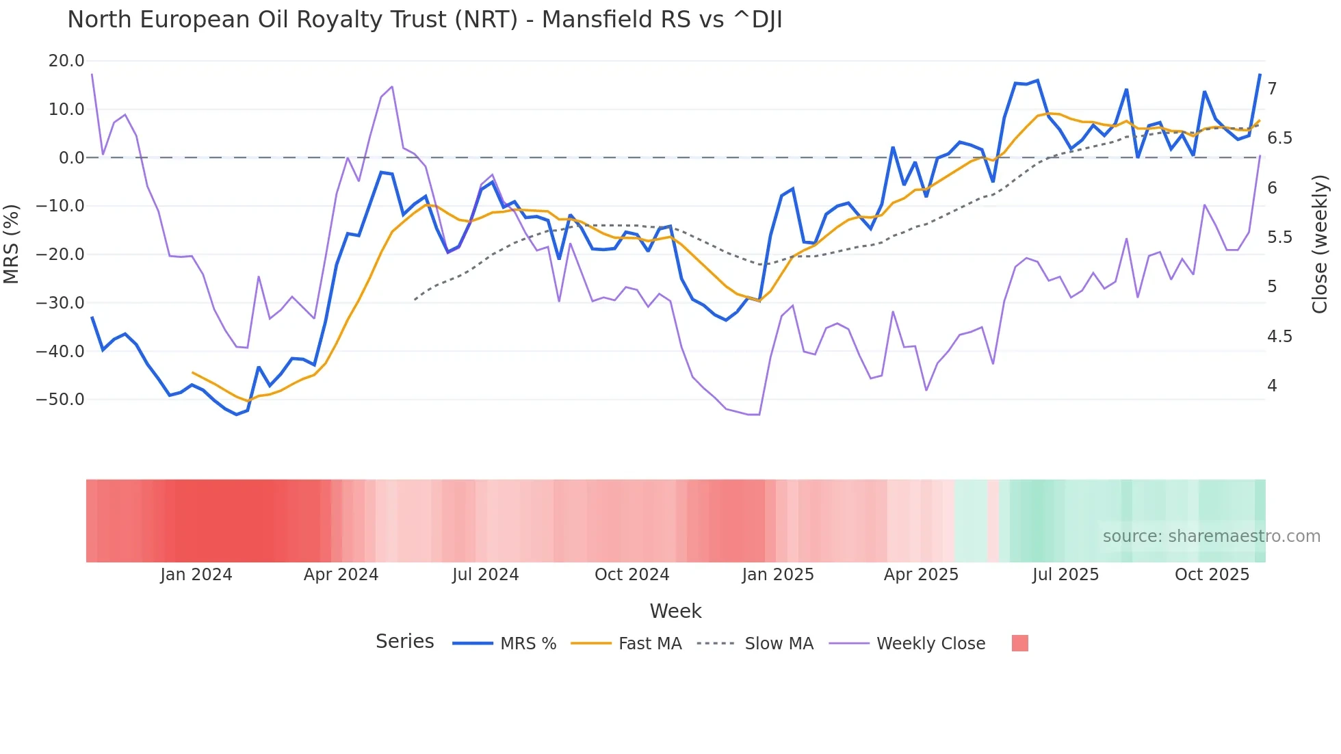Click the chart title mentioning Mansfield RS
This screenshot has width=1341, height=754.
pos(424,20)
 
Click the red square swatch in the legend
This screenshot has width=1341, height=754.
pos(1019,643)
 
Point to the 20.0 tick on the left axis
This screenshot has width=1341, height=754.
pos(66,61)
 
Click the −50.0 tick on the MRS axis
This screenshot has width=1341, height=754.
pos(60,400)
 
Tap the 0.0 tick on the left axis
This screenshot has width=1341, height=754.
pos(71,158)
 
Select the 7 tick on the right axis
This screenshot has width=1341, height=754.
pos(1272,89)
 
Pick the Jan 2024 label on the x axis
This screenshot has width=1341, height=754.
pos(196,575)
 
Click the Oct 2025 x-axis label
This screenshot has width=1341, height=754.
pos(1212,575)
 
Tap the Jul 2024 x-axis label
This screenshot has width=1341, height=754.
pos(486,575)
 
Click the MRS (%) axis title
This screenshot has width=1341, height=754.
pos(12,244)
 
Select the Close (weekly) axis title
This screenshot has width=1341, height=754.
pos(1320,244)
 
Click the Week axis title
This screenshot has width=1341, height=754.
pos(675,611)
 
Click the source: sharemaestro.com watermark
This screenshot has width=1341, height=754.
pos(1211,536)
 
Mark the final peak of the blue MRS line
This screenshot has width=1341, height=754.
pos(1260,75)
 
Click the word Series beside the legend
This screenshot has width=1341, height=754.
pos(404,642)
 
